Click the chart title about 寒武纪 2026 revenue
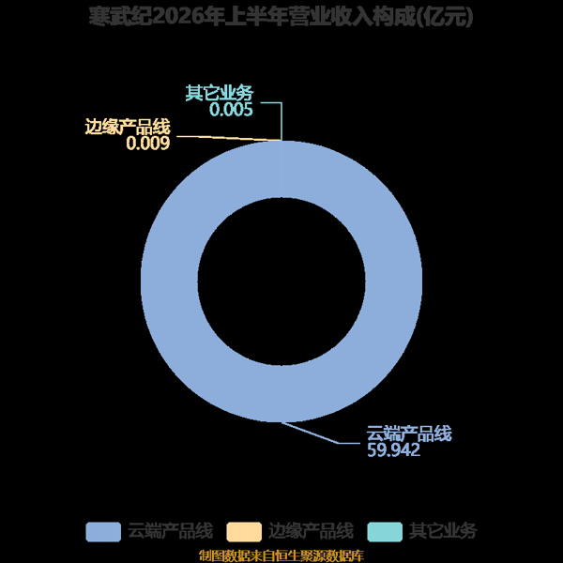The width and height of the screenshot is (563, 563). [281, 17]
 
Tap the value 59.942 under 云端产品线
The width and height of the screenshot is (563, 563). [393, 449]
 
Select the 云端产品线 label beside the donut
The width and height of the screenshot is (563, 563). [409, 434]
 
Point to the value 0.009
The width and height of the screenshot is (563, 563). [148, 144]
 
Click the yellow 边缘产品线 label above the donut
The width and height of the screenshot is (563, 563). [128, 127]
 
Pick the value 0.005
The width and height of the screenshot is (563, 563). [231, 110]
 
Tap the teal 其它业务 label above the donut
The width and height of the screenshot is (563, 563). [220, 93]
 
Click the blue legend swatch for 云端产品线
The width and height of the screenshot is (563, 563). [103, 532]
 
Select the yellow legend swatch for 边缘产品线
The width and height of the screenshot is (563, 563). [244, 532]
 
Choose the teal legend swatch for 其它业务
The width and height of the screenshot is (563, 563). [385, 532]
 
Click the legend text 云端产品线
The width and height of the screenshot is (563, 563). [171, 531]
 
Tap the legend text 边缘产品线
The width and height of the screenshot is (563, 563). [312, 531]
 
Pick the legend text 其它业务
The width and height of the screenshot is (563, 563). [443, 531]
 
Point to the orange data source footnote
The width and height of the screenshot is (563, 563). [281, 555]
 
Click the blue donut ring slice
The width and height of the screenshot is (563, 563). [169, 281]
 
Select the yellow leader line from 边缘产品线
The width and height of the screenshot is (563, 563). [229, 138]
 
